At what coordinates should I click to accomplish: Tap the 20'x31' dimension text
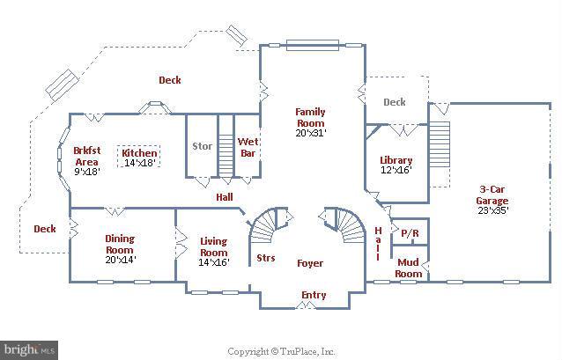[310, 133]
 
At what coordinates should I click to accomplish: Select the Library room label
[396, 160]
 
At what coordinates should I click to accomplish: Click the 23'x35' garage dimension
[492, 211]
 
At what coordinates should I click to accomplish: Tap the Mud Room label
[409, 268]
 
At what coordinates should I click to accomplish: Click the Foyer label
[309, 263]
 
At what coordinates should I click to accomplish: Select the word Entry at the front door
[313, 295]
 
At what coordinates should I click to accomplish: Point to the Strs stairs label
[265, 258]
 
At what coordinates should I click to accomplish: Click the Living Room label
[213, 246]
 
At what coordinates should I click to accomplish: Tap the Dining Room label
[119, 244]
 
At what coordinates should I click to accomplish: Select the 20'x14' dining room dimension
[119, 261]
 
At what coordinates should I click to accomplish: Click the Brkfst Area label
[85, 156]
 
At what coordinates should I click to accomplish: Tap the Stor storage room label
[202, 146]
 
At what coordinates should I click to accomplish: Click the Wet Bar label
[248, 146]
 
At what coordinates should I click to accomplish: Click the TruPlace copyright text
[281, 350]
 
